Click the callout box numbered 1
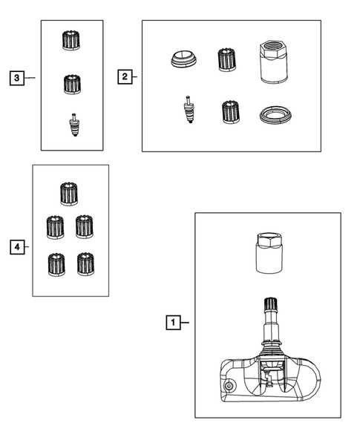click(173, 323)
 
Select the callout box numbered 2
click(125, 76)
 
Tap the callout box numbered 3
click(17, 78)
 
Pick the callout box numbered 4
click(17, 247)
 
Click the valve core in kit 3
click(74, 125)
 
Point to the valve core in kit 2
click(189, 110)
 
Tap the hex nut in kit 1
click(269, 253)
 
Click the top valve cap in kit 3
click(71, 40)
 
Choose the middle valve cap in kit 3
click(73, 84)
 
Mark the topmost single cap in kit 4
click(69, 194)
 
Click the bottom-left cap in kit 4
click(56, 264)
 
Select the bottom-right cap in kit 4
click(85, 264)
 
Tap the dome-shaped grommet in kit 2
click(184, 59)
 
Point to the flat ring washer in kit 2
click(275, 114)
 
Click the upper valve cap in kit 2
click(227, 59)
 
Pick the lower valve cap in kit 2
click(231, 112)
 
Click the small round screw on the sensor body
click(229, 387)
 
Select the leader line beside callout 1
click(185, 323)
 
